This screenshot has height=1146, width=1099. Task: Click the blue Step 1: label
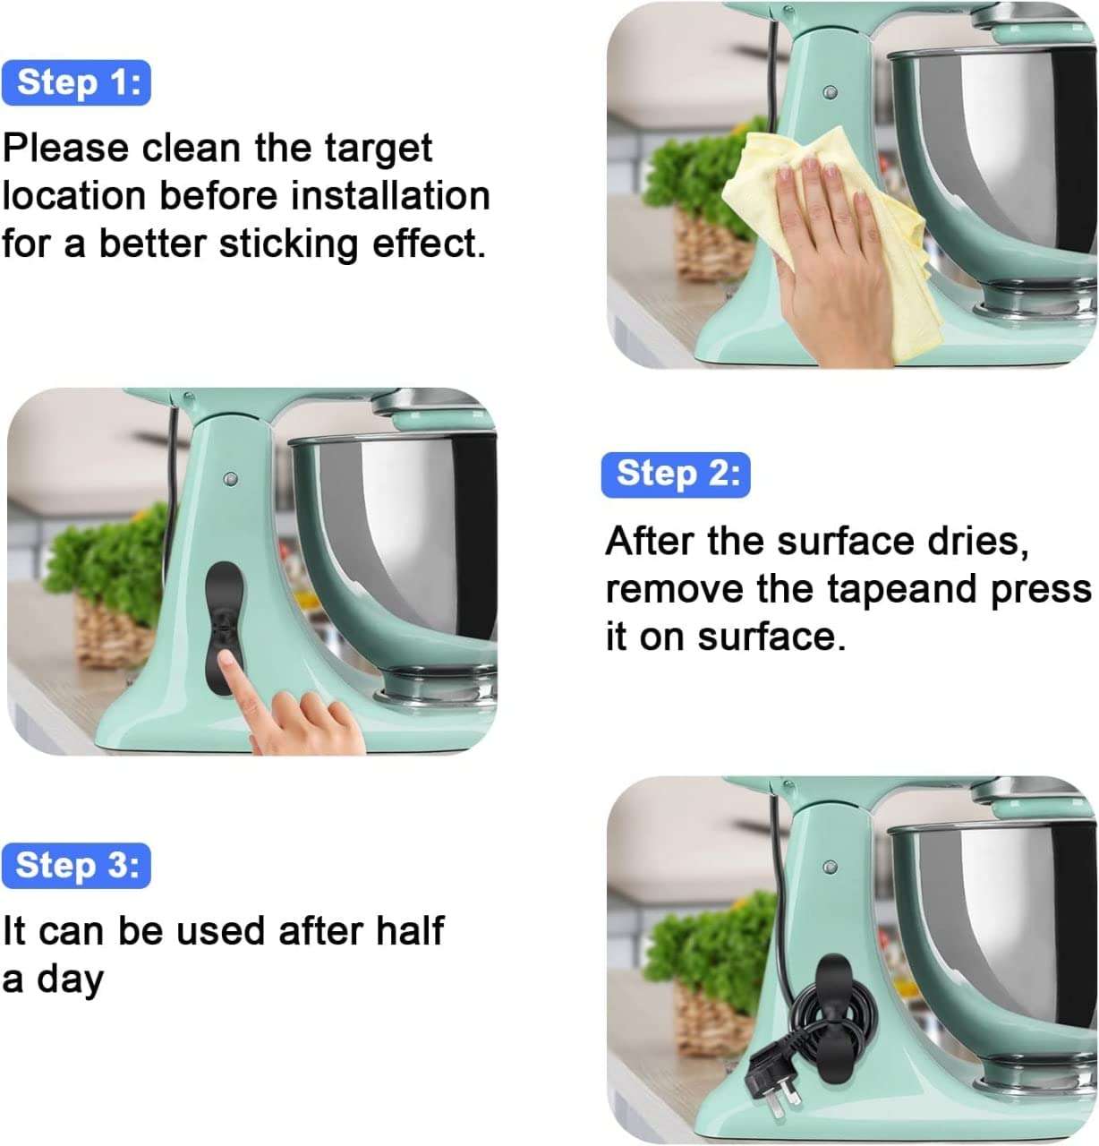click(x=77, y=82)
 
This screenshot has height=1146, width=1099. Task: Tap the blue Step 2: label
click(x=676, y=474)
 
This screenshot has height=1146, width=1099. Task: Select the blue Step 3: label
click(x=77, y=865)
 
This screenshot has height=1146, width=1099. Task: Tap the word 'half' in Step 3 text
click(x=409, y=931)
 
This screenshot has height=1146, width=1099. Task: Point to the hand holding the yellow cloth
click(x=828, y=269)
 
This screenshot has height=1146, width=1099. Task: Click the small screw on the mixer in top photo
click(x=830, y=92)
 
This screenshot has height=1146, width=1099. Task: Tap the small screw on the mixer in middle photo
click(x=231, y=479)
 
